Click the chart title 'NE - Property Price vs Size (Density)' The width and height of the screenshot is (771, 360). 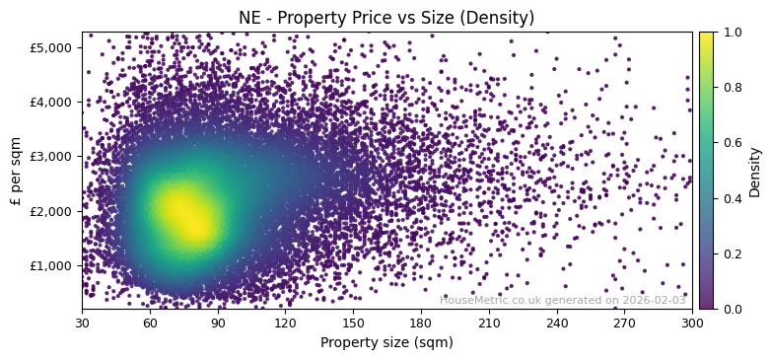pyautogui.click(x=386, y=18)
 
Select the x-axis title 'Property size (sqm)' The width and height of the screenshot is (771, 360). pyautogui.click(x=386, y=342)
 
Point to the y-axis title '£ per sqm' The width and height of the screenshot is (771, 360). pyautogui.click(x=16, y=170)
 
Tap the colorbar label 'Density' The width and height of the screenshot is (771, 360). pyautogui.click(x=754, y=172)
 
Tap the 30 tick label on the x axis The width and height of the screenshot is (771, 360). pyautogui.click(x=82, y=323)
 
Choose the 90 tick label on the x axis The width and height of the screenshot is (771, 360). pyautogui.click(x=218, y=323)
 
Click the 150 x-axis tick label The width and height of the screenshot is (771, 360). pyautogui.click(x=353, y=323)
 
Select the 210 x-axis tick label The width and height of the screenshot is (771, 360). pyautogui.click(x=489, y=323)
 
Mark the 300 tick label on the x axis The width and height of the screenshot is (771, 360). pyautogui.click(x=692, y=323)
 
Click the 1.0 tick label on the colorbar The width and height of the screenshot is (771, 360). pyautogui.click(x=729, y=33)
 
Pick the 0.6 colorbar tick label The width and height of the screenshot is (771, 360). pyautogui.click(x=729, y=143)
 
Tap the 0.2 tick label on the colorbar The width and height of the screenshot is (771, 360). pyautogui.click(x=729, y=253)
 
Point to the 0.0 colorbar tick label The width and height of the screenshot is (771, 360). pyautogui.click(x=729, y=309)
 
